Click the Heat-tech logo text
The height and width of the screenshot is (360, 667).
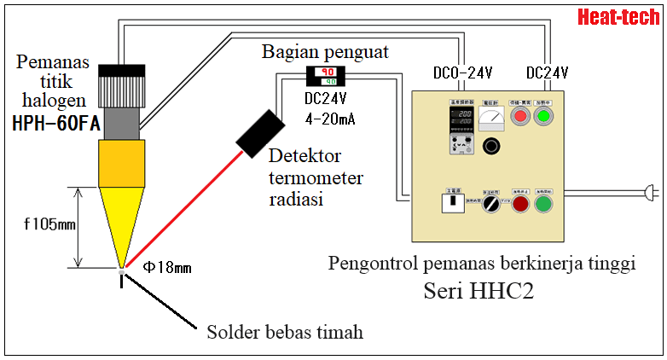click(x=618, y=16)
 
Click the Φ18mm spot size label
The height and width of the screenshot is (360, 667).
click(x=167, y=267)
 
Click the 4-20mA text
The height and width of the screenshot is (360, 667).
click(x=330, y=119)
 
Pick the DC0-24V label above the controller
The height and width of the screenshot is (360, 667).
click(x=460, y=73)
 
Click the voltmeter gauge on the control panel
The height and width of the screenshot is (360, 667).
click(x=491, y=118)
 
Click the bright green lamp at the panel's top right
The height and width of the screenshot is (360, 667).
click(x=543, y=118)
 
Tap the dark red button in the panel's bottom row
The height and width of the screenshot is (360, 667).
click(x=519, y=205)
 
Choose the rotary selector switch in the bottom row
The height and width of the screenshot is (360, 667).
click(x=491, y=206)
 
